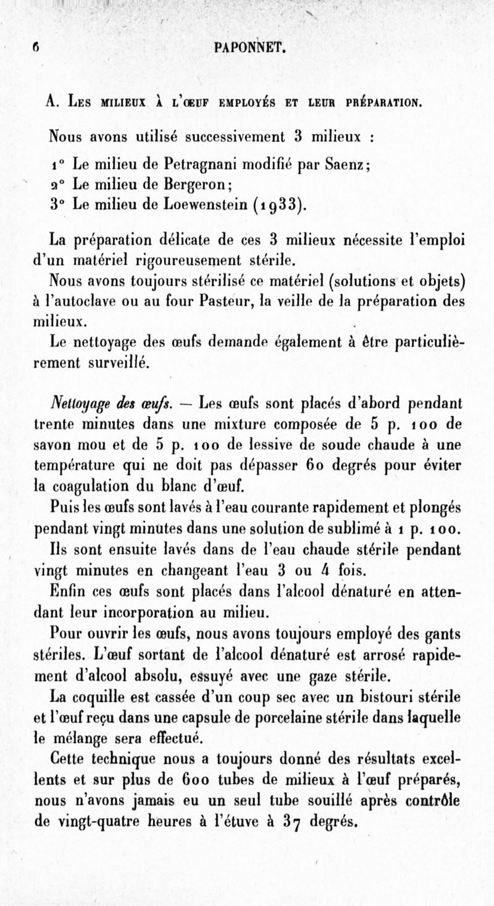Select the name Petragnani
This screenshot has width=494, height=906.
[x=199, y=164]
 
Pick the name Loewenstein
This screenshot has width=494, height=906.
[x=207, y=205]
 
